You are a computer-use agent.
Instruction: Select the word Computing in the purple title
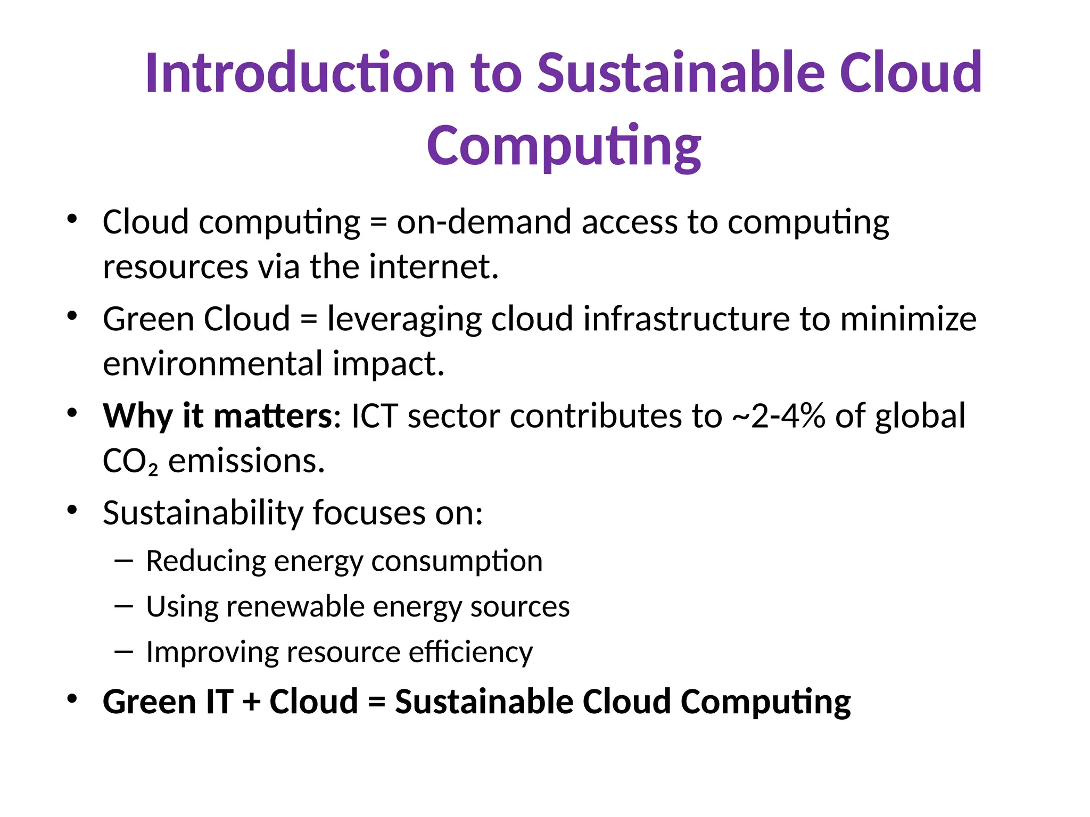(x=564, y=146)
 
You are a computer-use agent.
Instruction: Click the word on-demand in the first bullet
(x=484, y=222)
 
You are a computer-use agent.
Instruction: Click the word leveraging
(x=404, y=320)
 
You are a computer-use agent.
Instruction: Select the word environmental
(x=213, y=364)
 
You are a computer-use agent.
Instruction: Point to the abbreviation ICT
(x=374, y=416)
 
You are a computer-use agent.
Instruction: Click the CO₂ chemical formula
(x=130, y=462)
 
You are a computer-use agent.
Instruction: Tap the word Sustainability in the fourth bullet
(x=202, y=514)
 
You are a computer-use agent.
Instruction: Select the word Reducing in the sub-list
(x=205, y=562)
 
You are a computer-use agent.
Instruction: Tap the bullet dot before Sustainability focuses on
(x=72, y=511)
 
